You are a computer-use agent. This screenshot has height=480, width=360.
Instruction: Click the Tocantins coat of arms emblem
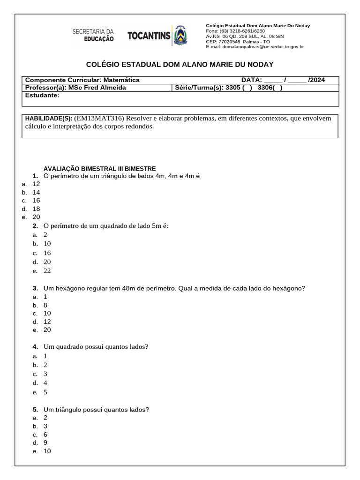(x=180, y=36)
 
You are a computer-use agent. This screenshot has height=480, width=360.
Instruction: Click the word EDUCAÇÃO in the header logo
(x=99, y=40)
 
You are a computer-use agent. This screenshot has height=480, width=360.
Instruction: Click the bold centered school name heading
(x=180, y=64)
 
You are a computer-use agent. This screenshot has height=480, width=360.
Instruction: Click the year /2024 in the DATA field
(x=316, y=80)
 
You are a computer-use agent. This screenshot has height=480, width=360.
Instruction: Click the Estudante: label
(x=42, y=95)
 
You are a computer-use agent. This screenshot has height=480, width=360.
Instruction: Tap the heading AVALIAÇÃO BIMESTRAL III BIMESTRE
(x=99, y=169)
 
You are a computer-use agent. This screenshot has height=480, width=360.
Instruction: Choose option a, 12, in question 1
(x=36, y=184)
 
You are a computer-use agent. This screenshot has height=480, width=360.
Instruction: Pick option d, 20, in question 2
(x=47, y=262)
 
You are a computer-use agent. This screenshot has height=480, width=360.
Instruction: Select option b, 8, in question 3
(x=45, y=305)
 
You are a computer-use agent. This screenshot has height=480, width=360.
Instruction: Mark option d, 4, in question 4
(x=45, y=383)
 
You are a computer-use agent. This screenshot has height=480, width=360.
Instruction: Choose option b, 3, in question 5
(x=45, y=426)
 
